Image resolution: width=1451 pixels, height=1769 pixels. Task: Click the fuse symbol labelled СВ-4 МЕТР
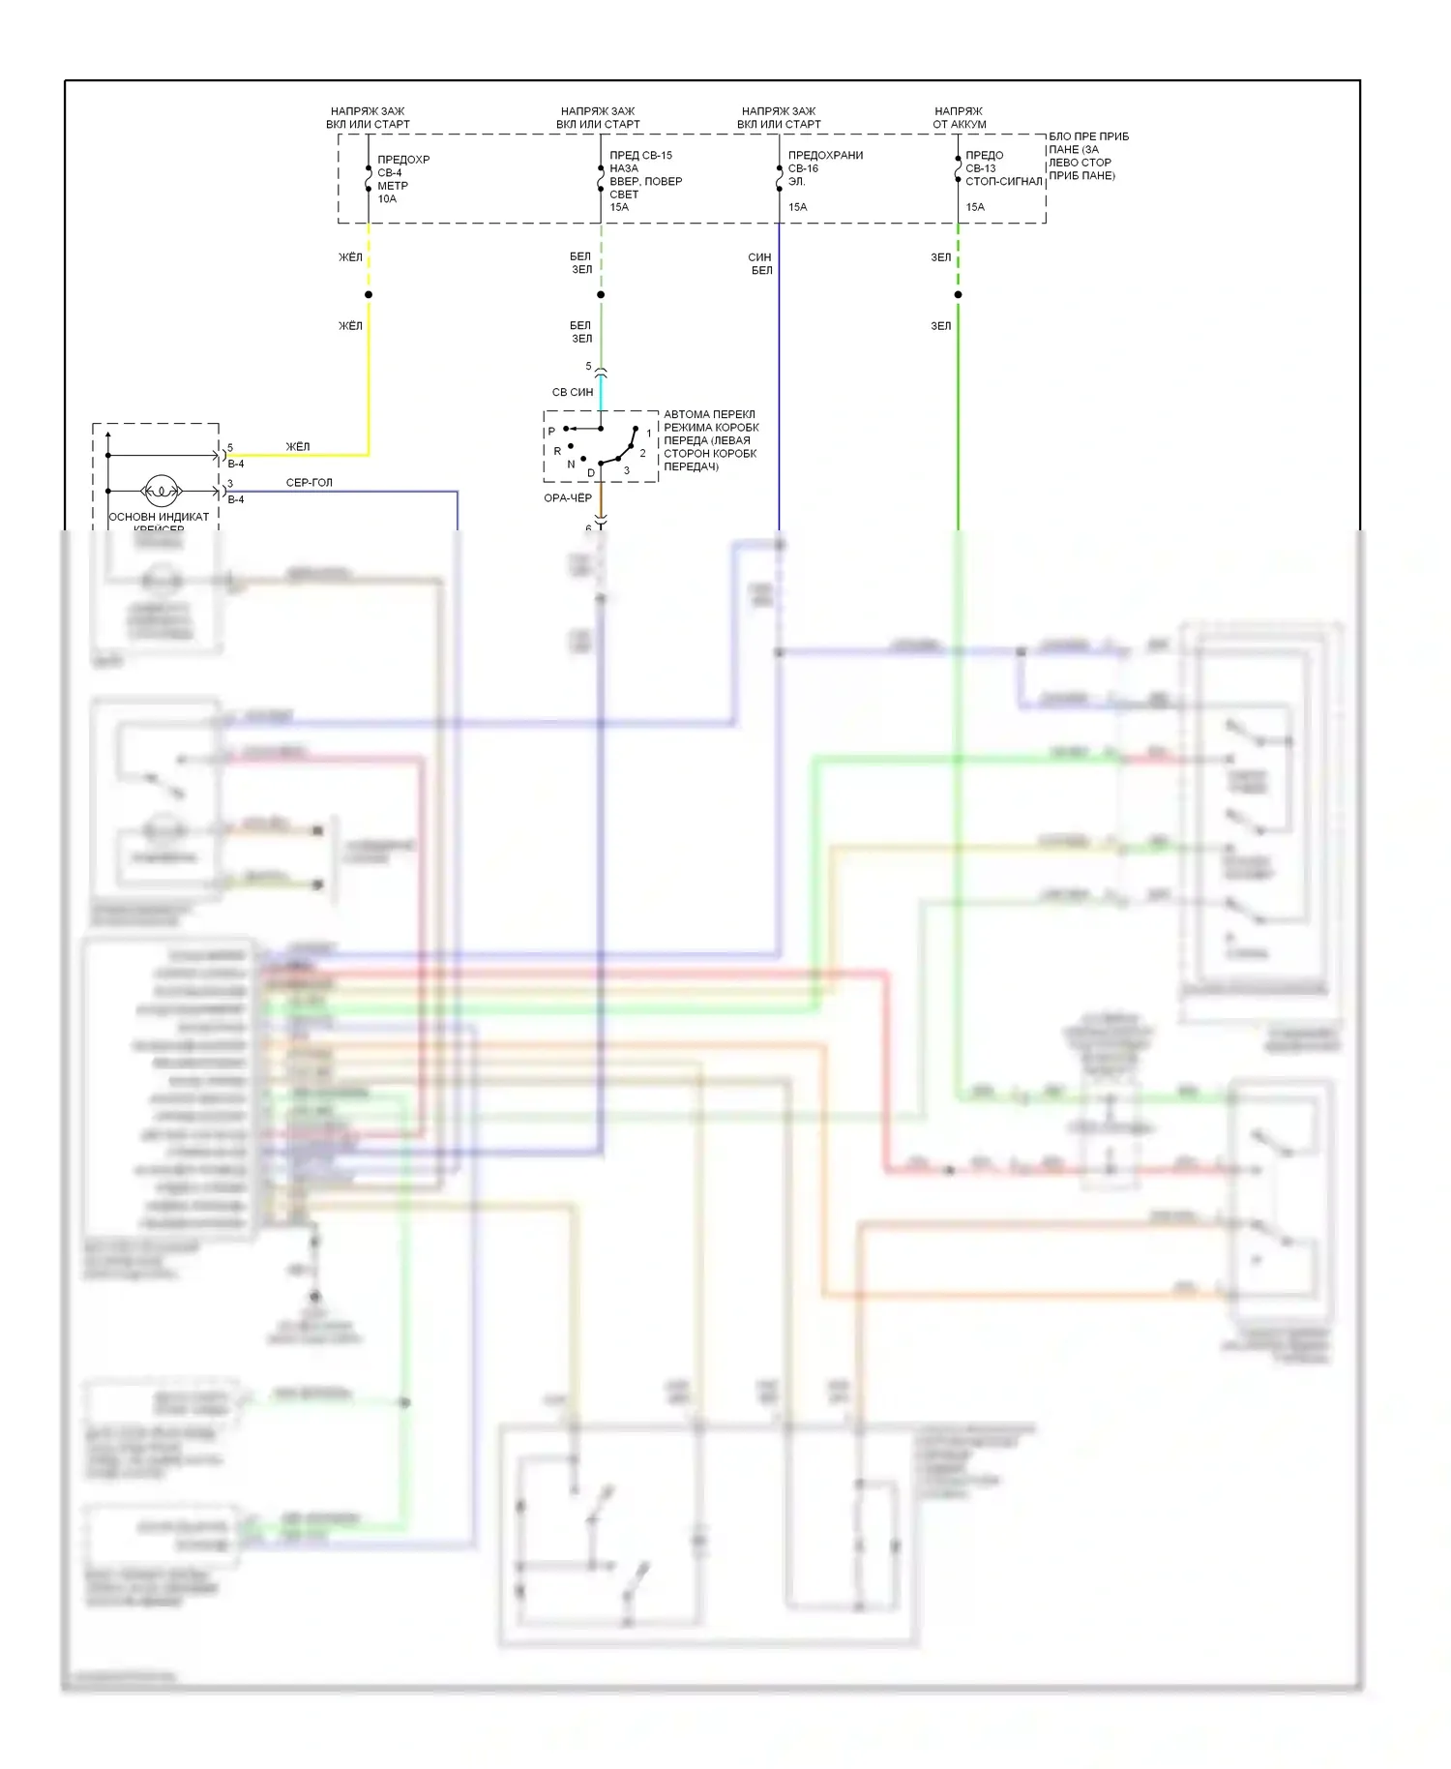[369, 179]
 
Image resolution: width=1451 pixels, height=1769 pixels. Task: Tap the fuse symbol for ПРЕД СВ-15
[601, 179]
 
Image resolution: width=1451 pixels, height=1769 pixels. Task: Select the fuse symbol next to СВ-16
[779, 178]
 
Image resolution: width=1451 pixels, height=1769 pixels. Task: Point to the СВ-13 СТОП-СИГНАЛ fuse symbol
[958, 169]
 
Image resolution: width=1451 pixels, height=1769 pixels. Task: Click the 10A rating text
[387, 199]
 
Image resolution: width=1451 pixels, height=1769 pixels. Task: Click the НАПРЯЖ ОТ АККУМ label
[959, 118]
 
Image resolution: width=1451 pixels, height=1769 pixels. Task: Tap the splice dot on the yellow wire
[369, 294]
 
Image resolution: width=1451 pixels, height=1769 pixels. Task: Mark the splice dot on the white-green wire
[601, 294]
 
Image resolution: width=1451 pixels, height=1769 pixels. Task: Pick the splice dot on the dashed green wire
[958, 294]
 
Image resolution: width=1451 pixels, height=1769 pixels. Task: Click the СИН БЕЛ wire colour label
[760, 264]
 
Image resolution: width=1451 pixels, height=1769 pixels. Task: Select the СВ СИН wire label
[573, 392]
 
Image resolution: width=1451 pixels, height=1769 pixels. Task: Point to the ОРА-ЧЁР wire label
[568, 498]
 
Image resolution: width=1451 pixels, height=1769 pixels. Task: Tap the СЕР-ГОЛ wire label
[309, 482]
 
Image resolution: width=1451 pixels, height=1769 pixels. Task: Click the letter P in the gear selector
[551, 432]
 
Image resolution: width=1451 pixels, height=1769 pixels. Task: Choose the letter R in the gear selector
[557, 451]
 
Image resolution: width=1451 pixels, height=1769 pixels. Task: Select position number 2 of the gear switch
[642, 453]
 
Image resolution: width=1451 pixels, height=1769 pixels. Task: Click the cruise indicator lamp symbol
[161, 492]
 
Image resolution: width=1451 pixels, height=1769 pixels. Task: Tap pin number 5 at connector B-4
[230, 448]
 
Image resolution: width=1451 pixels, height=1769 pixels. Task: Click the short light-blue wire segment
[601, 392]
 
